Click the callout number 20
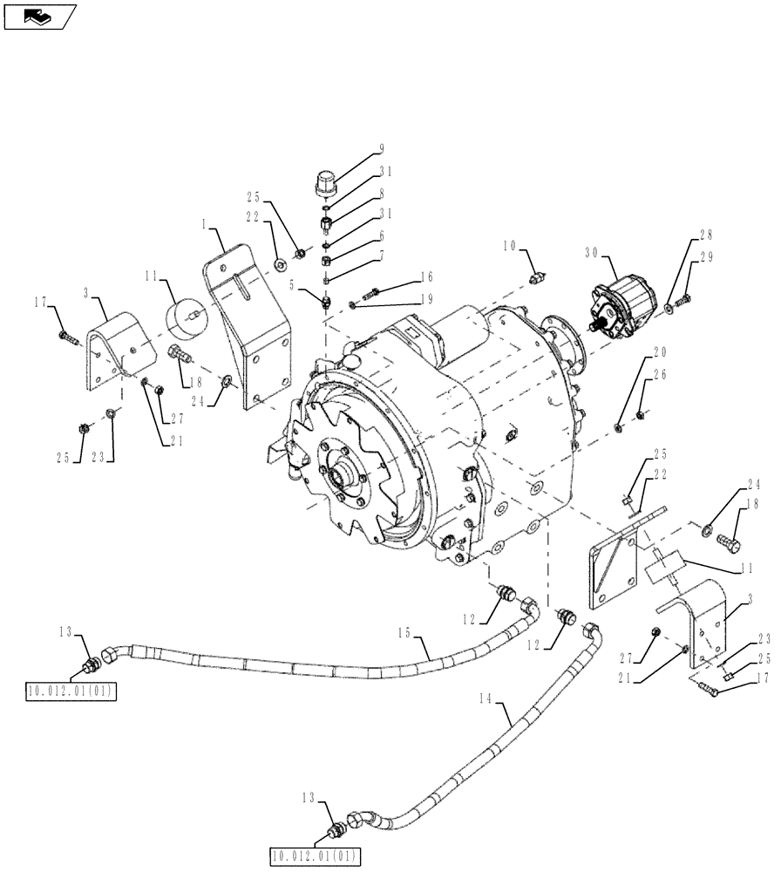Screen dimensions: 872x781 click(x=659, y=353)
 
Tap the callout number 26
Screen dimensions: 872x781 click(x=659, y=375)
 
